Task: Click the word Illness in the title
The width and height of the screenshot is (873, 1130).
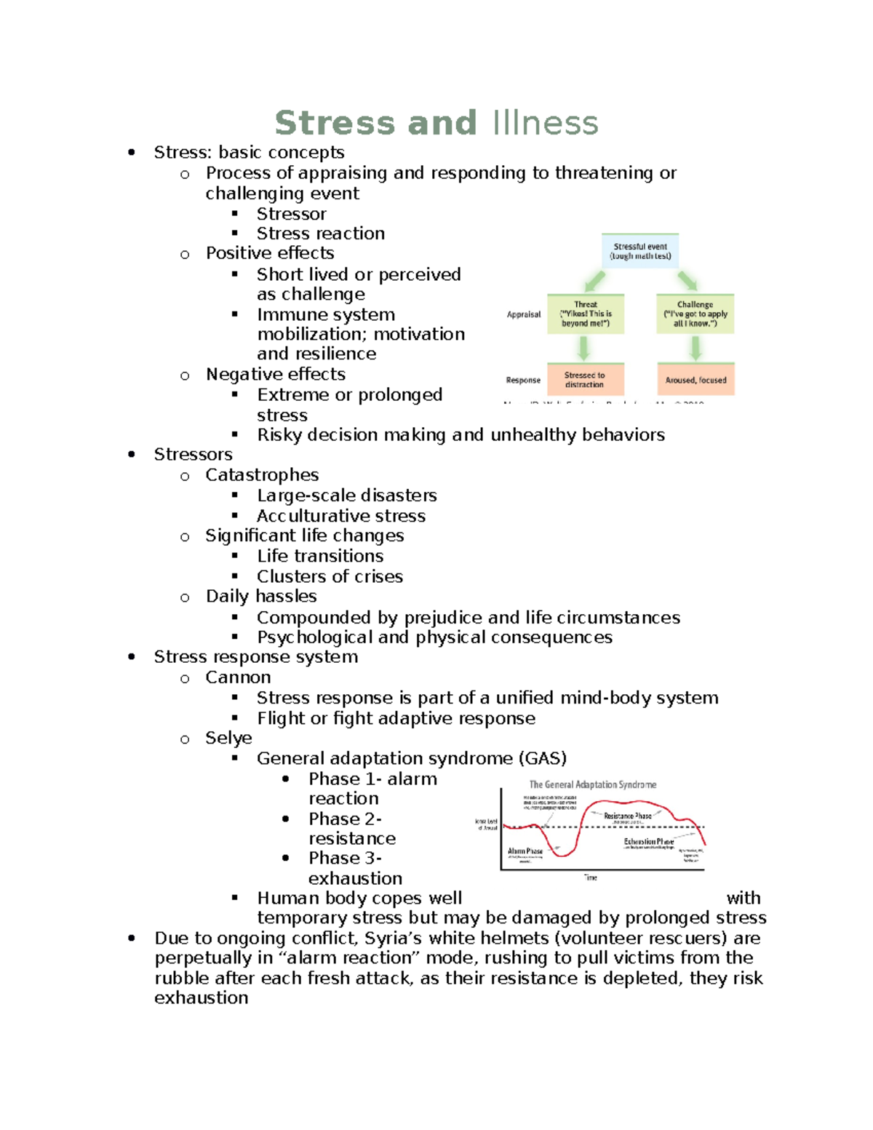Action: tap(545, 123)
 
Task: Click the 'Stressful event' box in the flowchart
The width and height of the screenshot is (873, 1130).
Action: tap(640, 251)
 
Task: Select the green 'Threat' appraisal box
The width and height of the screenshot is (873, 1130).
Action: tap(585, 314)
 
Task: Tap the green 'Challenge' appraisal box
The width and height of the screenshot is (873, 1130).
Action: tap(695, 314)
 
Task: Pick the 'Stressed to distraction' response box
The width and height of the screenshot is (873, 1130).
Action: tap(585, 380)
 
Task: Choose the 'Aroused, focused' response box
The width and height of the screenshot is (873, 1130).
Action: tap(695, 380)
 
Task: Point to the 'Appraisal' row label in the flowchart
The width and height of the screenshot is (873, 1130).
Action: tap(524, 314)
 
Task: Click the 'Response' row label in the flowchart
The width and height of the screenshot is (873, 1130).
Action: tap(523, 380)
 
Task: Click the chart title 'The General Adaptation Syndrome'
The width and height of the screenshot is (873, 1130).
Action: tap(592, 784)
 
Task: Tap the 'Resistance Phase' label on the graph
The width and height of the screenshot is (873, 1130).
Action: tap(627, 816)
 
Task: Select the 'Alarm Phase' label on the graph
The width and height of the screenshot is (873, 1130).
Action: tap(525, 851)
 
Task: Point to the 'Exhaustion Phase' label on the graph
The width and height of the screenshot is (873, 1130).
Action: tap(648, 841)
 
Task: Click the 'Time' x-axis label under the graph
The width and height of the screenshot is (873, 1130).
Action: tap(590, 878)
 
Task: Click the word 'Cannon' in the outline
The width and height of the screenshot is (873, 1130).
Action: tap(238, 677)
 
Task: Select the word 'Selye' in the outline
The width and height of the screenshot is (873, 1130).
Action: tap(228, 738)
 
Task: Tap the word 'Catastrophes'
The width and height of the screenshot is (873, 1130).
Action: tap(262, 475)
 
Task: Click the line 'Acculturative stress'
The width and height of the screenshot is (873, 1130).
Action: tap(340, 516)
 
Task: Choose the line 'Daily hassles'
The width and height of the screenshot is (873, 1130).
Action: tap(261, 597)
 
